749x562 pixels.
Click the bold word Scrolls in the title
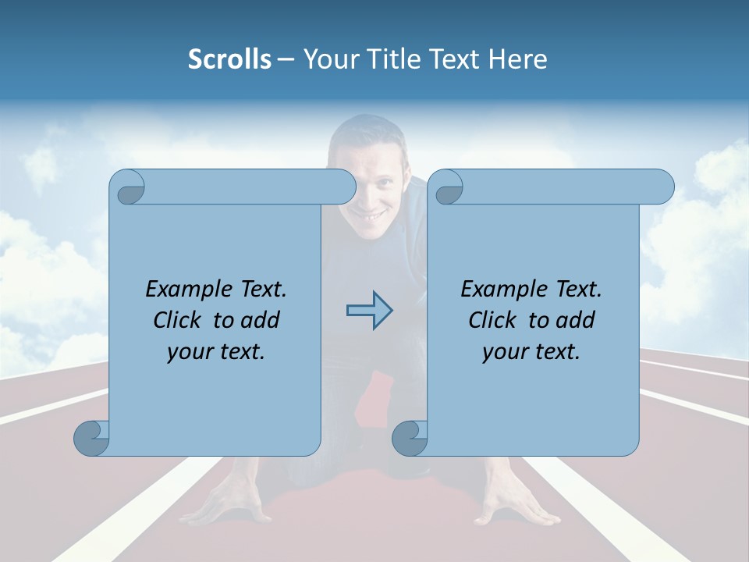click(229, 59)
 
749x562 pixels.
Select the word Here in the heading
click(518, 59)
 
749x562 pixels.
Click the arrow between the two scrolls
click(369, 311)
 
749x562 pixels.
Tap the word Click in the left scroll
click(181, 320)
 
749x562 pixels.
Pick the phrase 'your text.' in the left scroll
click(216, 351)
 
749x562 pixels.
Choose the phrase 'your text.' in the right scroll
click(531, 351)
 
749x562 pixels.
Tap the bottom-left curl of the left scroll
click(91, 438)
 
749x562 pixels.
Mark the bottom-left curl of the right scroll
click(409, 438)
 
